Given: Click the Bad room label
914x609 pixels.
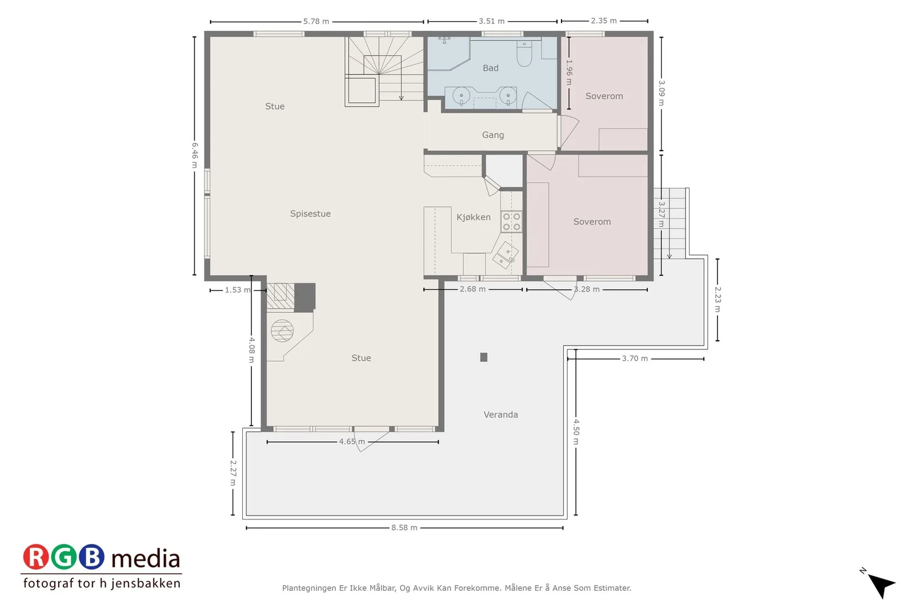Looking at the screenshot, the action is coord(491,68).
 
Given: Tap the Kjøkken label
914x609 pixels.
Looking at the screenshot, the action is coord(474,217).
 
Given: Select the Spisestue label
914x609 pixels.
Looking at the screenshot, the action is coord(311,213).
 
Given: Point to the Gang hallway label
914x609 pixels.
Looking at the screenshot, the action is coord(493,135).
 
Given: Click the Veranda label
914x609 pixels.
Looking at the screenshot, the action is coord(500,414).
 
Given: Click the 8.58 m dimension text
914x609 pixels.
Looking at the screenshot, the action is coord(404,527).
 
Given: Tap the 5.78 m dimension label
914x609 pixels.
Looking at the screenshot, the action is coord(316,21).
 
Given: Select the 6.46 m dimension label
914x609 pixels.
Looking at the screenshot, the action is coord(195,155).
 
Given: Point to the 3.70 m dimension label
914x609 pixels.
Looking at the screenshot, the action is coord(635,358).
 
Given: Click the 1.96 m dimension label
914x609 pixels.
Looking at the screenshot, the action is coord(569,72).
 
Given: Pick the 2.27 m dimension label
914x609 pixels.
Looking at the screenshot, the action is coord(233,473).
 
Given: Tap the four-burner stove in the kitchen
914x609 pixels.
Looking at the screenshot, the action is coord(511,222).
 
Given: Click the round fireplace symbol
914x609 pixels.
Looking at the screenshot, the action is coord(282,330).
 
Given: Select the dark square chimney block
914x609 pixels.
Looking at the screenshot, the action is coord(305,297).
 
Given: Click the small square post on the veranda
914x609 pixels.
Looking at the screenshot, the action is coord(483,357).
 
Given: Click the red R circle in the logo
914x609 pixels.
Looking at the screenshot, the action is coord(36,557).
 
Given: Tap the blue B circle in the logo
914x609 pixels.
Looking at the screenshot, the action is coord(91,557).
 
